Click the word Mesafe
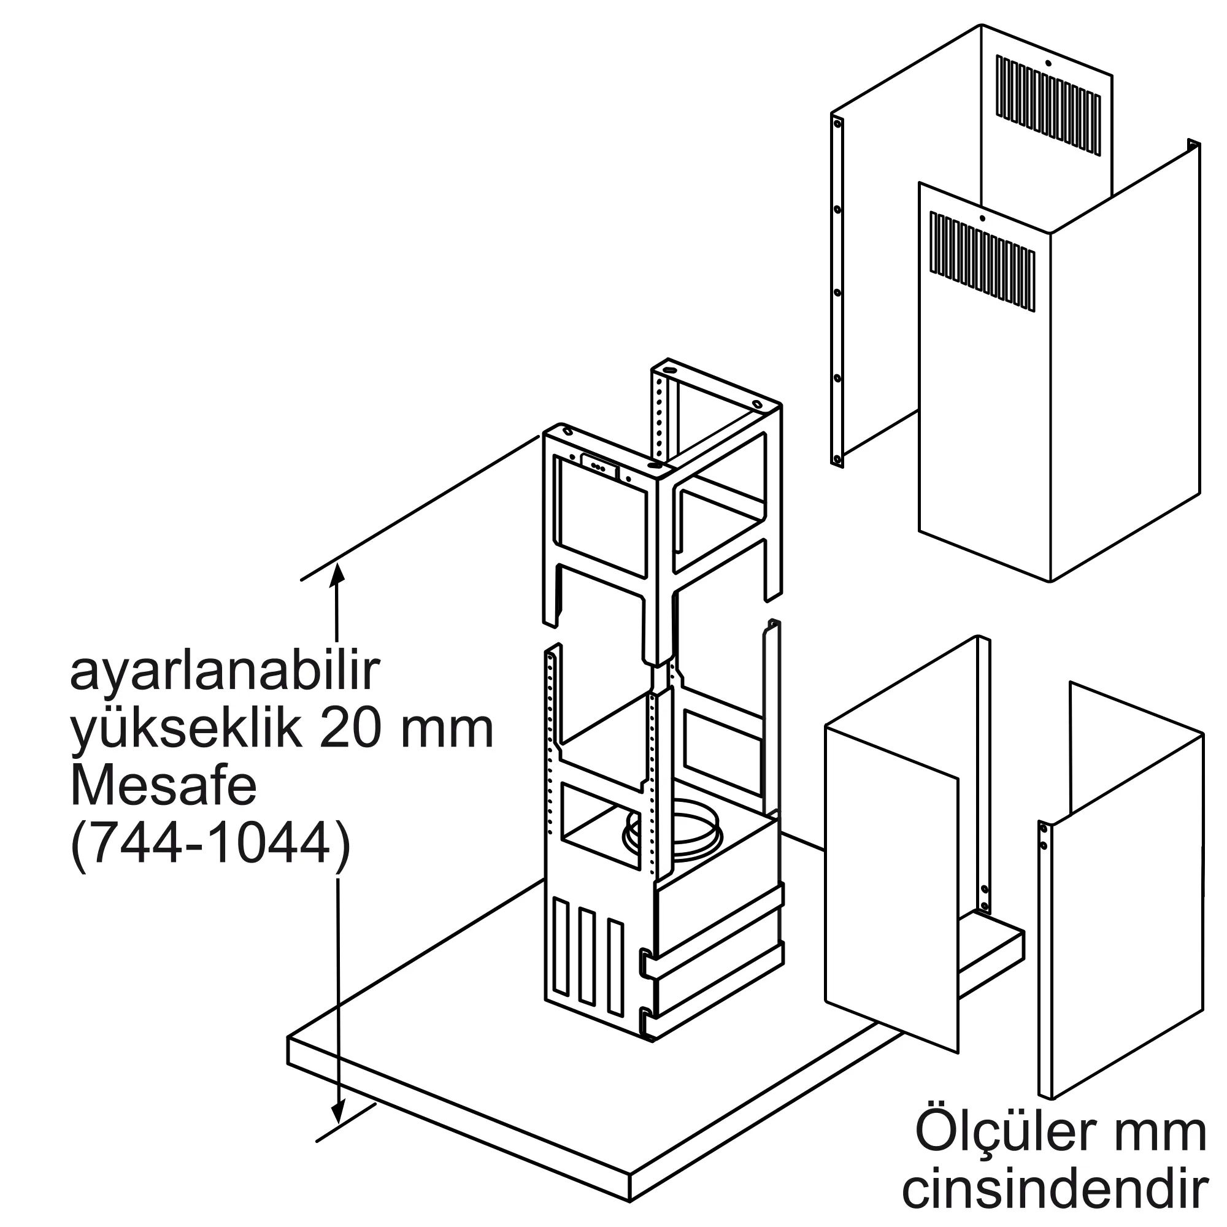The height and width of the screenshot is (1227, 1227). tap(163, 787)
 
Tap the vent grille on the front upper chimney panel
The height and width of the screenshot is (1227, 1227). tap(982, 261)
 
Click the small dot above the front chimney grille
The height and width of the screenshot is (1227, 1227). tap(982, 218)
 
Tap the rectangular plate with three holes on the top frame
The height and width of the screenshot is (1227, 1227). tap(599, 466)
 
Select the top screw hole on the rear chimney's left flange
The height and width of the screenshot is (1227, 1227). tap(837, 124)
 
